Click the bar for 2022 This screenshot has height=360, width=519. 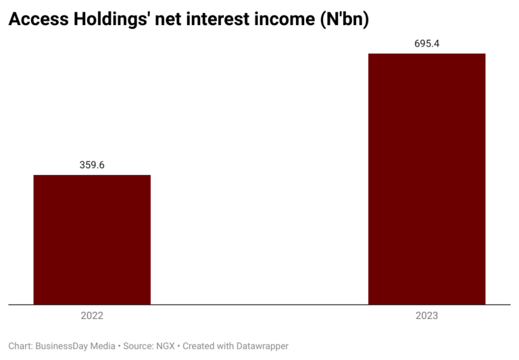92,240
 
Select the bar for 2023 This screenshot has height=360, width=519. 426,179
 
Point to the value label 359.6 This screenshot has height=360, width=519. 92,164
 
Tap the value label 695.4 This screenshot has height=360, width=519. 427,44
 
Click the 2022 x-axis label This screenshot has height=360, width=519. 92,316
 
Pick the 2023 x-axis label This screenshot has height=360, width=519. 427,316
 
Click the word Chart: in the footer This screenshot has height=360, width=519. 22,346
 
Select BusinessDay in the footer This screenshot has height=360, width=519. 64,346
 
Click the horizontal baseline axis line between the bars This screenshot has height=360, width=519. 259,305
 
